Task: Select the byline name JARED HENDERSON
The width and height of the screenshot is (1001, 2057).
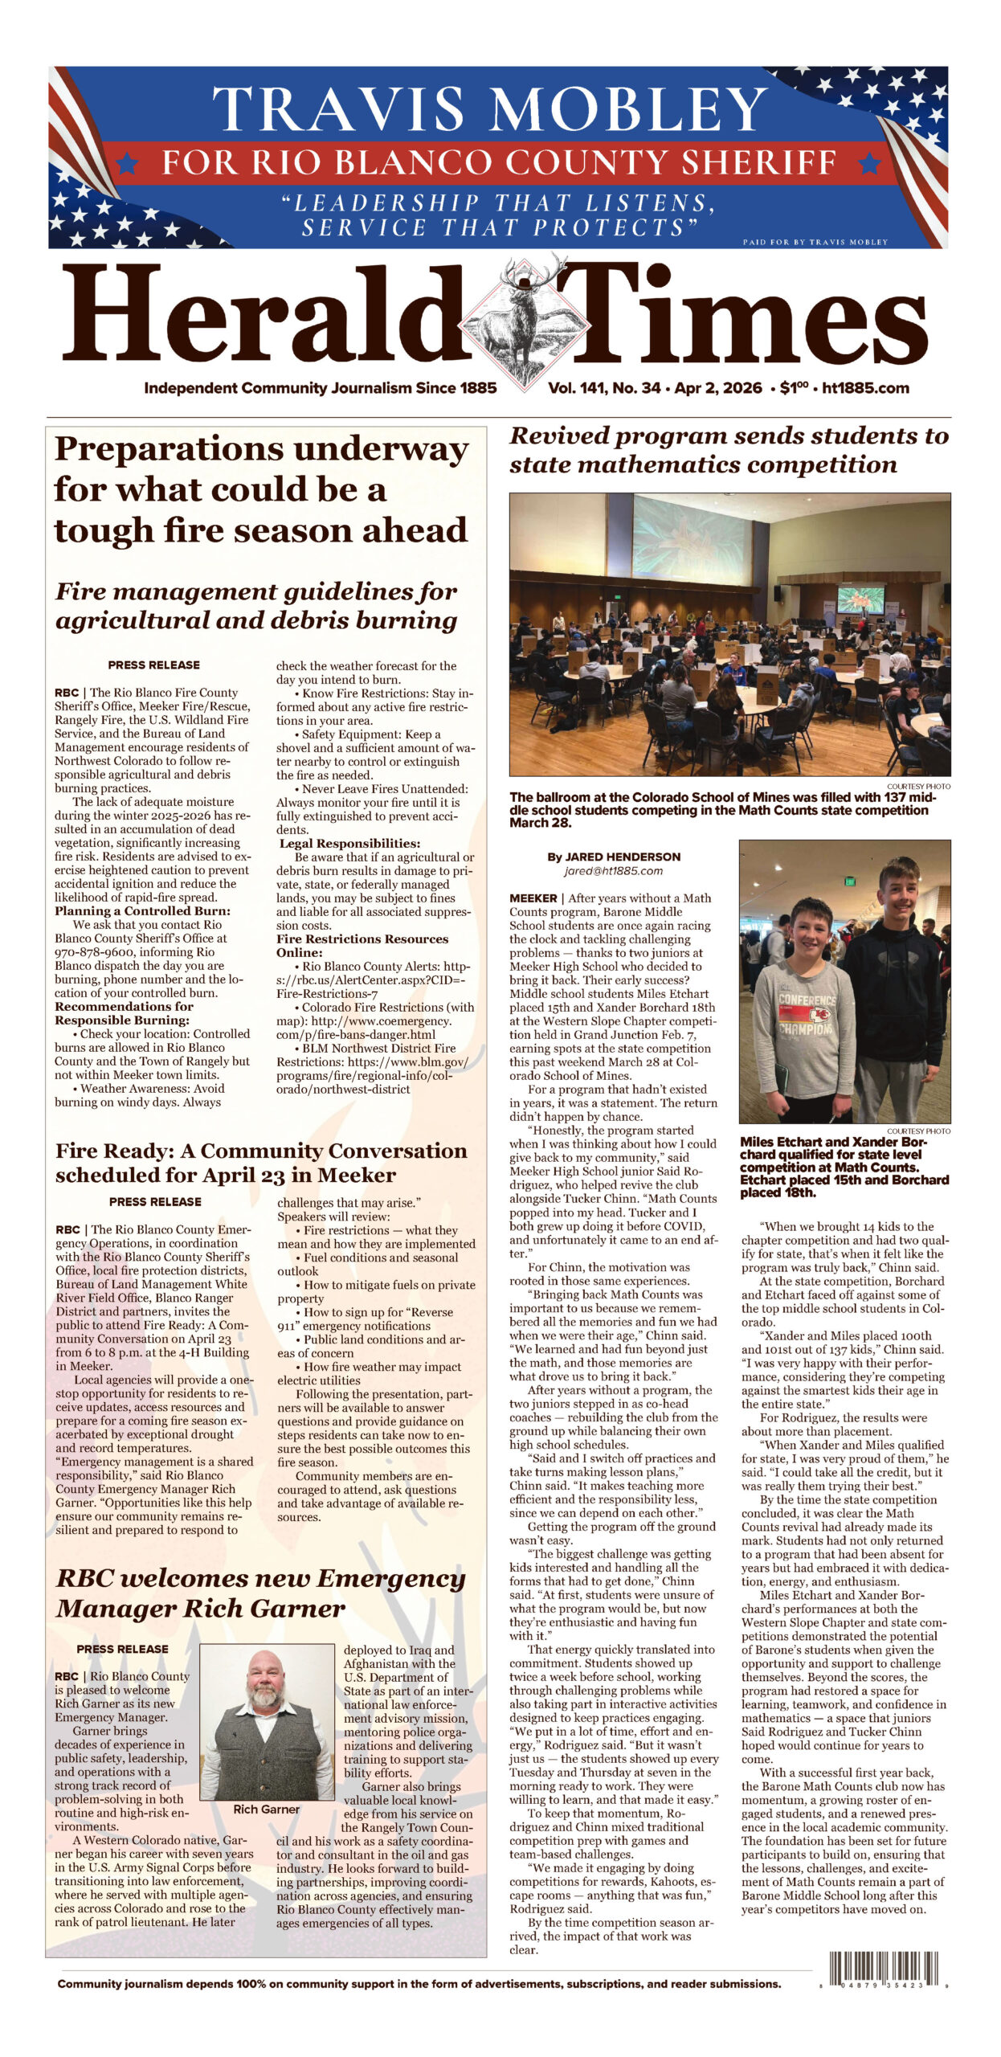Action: [x=614, y=857]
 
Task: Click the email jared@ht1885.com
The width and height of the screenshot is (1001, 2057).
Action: [x=613, y=870]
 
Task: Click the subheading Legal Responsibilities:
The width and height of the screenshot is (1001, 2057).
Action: [x=349, y=844]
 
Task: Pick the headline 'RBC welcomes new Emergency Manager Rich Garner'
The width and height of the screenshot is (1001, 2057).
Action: [x=260, y=1593]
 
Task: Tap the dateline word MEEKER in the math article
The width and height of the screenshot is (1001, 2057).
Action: [x=533, y=898]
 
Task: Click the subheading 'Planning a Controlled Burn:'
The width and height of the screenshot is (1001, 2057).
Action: [x=142, y=910]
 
